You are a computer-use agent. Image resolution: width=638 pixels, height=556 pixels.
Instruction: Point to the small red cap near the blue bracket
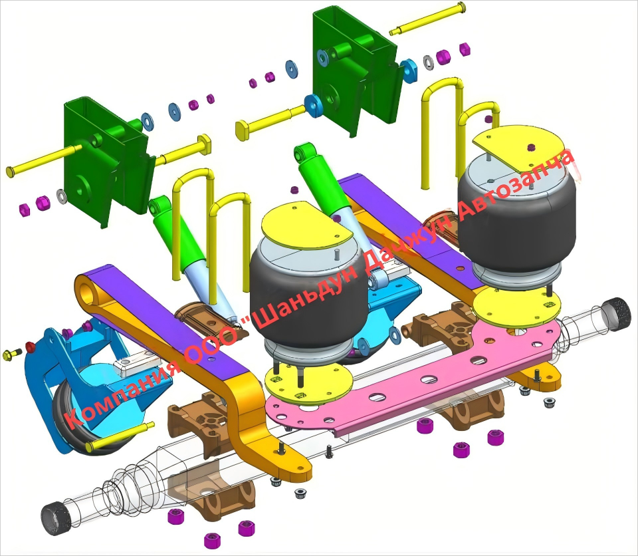(31, 347)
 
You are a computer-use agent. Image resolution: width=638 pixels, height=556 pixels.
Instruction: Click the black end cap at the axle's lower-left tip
(56, 518)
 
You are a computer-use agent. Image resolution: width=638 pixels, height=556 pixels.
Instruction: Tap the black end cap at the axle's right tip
(617, 313)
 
